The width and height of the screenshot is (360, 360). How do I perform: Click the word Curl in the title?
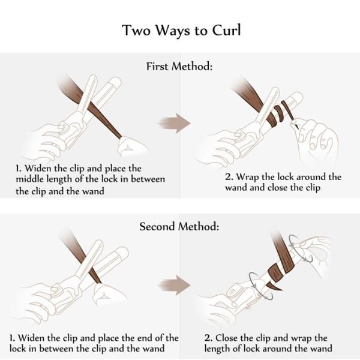tap(226, 30)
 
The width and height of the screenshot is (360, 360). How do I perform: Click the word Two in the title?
tap(136, 30)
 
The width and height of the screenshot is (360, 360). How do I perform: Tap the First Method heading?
tap(179, 67)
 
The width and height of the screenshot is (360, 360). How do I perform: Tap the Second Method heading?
tap(179, 226)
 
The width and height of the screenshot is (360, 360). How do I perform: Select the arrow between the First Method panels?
tap(175, 123)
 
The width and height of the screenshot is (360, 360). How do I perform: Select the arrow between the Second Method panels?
tap(175, 285)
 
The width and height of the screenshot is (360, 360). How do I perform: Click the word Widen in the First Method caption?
tap(38, 168)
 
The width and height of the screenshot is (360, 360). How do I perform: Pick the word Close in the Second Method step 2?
tap(227, 338)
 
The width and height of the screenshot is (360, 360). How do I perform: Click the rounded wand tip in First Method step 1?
tap(116, 82)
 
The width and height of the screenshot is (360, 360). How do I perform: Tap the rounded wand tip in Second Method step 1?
tap(123, 252)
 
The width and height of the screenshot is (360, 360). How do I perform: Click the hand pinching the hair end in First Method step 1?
tap(133, 147)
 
